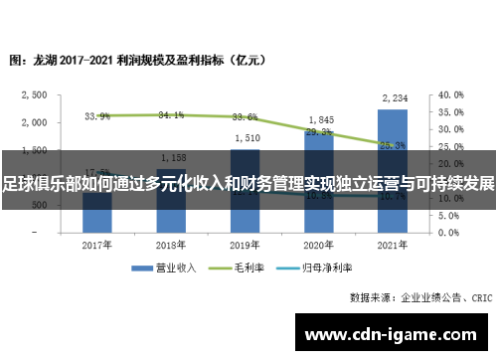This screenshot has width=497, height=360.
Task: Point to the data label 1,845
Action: point(319,119)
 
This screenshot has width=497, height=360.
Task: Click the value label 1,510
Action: point(247,137)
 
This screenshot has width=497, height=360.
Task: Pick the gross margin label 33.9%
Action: point(97,116)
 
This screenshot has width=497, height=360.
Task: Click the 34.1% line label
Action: point(171,115)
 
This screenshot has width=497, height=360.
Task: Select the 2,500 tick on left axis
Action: point(35,95)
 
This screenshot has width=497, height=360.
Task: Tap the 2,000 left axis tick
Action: point(35,122)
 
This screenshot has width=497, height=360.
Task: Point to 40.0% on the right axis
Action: point(451,95)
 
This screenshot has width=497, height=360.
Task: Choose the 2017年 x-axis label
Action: point(97,245)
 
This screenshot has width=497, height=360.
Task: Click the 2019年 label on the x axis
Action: point(247,245)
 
